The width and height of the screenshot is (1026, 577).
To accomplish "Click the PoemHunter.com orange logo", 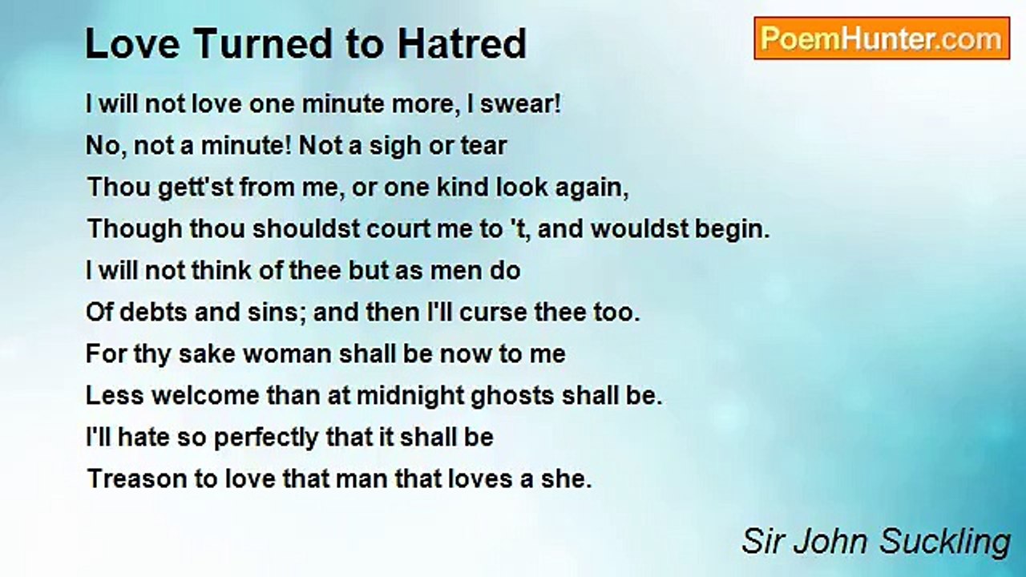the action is point(882,38).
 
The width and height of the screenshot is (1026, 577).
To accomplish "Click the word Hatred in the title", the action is point(463,44).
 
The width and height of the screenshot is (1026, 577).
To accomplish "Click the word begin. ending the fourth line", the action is point(733,230).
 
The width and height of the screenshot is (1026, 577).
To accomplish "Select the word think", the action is point(221,271).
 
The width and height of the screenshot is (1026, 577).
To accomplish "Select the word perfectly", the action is point(266,438).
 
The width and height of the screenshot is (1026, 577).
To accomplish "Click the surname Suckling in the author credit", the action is point(945,543).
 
